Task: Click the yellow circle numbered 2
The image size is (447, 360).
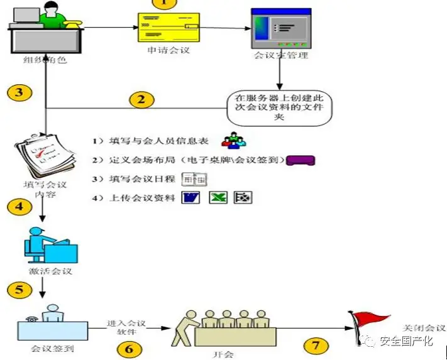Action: pyautogui.click(x=141, y=99)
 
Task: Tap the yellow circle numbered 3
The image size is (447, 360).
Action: pyautogui.click(x=19, y=93)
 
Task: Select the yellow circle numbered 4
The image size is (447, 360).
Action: pyautogui.click(x=19, y=206)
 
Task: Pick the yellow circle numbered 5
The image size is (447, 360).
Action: pyautogui.click(x=19, y=290)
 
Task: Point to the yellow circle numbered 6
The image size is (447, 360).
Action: pyautogui.click(x=129, y=347)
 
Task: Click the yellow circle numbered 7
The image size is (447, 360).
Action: pyautogui.click(x=316, y=345)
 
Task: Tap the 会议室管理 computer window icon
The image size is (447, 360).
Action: pyautogui.click(x=280, y=28)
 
